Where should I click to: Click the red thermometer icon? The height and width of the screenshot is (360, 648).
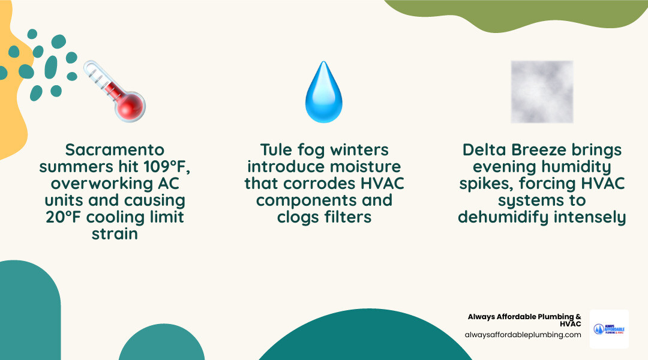[x=115, y=91]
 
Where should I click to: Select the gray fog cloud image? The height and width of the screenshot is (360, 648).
[x=542, y=92]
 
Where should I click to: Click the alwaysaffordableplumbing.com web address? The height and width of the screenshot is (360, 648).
[x=523, y=335]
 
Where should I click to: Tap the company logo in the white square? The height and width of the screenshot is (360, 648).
[x=609, y=329]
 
